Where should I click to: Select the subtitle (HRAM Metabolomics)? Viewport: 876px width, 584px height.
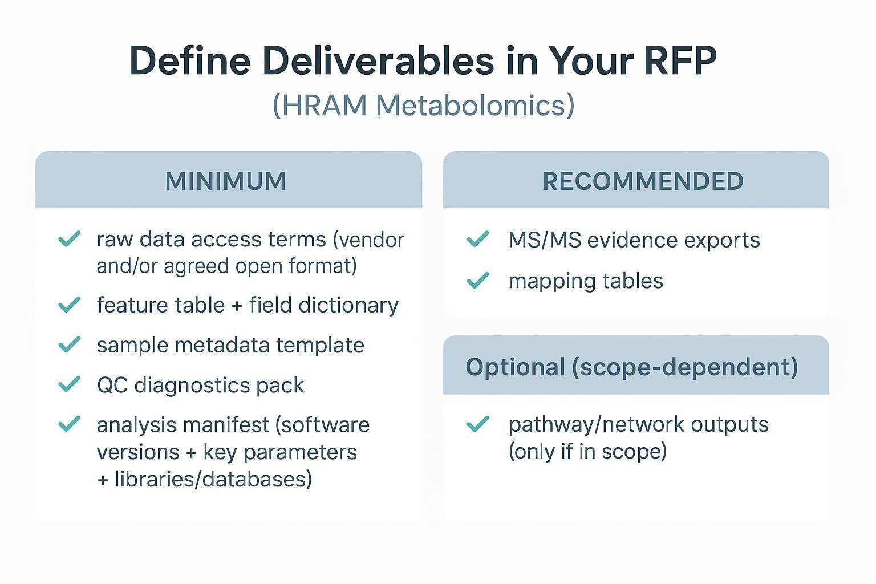(x=423, y=105)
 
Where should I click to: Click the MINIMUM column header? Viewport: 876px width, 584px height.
(x=226, y=181)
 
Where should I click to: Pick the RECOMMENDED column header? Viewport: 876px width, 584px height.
(x=643, y=181)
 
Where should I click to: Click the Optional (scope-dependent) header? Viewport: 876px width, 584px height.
(x=631, y=367)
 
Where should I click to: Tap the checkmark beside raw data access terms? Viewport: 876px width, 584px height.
(x=70, y=239)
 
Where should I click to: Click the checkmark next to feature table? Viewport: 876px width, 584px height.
(x=70, y=305)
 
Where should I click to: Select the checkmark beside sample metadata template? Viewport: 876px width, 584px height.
(x=70, y=344)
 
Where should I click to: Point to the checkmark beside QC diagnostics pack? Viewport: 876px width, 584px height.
(x=70, y=384)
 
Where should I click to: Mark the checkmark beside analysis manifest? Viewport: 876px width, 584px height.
(x=70, y=424)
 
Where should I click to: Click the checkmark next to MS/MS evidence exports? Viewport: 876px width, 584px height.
(x=478, y=239)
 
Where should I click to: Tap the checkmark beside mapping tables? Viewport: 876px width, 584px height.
(x=478, y=280)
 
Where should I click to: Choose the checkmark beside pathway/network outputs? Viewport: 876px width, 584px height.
(x=478, y=424)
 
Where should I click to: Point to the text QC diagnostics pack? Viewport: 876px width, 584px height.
(x=200, y=386)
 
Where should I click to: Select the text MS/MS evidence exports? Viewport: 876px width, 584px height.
(x=634, y=240)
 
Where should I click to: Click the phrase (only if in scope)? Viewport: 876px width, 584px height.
(x=587, y=451)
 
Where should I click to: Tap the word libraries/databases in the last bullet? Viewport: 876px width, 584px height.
(x=213, y=479)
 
